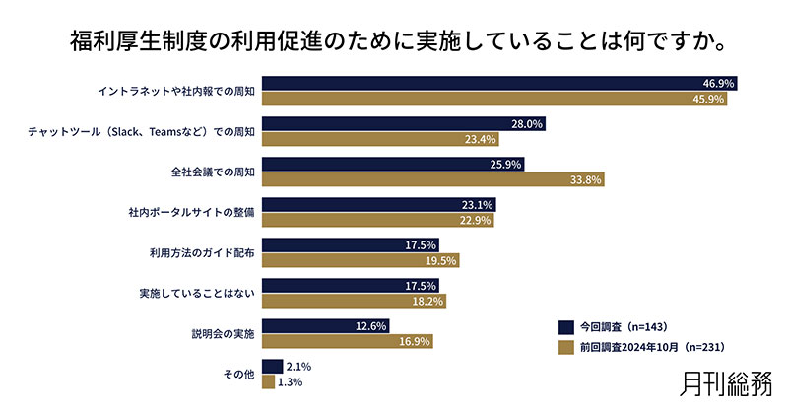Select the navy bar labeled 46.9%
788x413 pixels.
(498, 84)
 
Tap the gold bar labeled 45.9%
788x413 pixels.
(493, 99)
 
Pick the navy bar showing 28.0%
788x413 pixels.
(403, 124)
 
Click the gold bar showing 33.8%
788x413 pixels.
(432, 179)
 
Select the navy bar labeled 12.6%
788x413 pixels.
(325, 326)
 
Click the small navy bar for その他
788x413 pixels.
(272, 367)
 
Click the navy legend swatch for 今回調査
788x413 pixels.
(565, 326)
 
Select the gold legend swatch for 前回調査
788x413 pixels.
(565, 347)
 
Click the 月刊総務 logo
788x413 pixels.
(728, 383)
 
